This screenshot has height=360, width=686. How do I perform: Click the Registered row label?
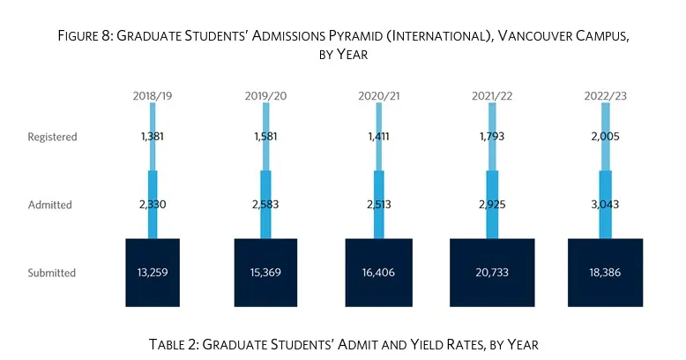point(53,137)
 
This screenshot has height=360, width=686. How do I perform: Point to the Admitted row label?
point(50,205)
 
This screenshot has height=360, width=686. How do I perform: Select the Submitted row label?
point(52,273)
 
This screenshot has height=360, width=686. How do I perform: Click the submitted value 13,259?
point(152,273)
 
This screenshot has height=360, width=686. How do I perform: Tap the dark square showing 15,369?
point(265,273)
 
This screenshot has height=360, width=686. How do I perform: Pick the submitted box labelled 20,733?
point(491,273)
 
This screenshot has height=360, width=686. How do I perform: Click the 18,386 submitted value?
point(604,273)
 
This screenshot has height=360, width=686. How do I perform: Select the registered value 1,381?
point(152,137)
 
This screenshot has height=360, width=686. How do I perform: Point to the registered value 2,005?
point(604,137)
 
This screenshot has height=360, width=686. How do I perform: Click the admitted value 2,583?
point(265,205)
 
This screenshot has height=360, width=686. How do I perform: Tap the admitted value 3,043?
point(604,205)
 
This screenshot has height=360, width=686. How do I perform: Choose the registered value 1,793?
point(491,137)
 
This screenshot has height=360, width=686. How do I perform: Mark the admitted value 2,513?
point(378,205)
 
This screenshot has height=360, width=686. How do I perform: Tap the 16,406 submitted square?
point(378,273)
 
